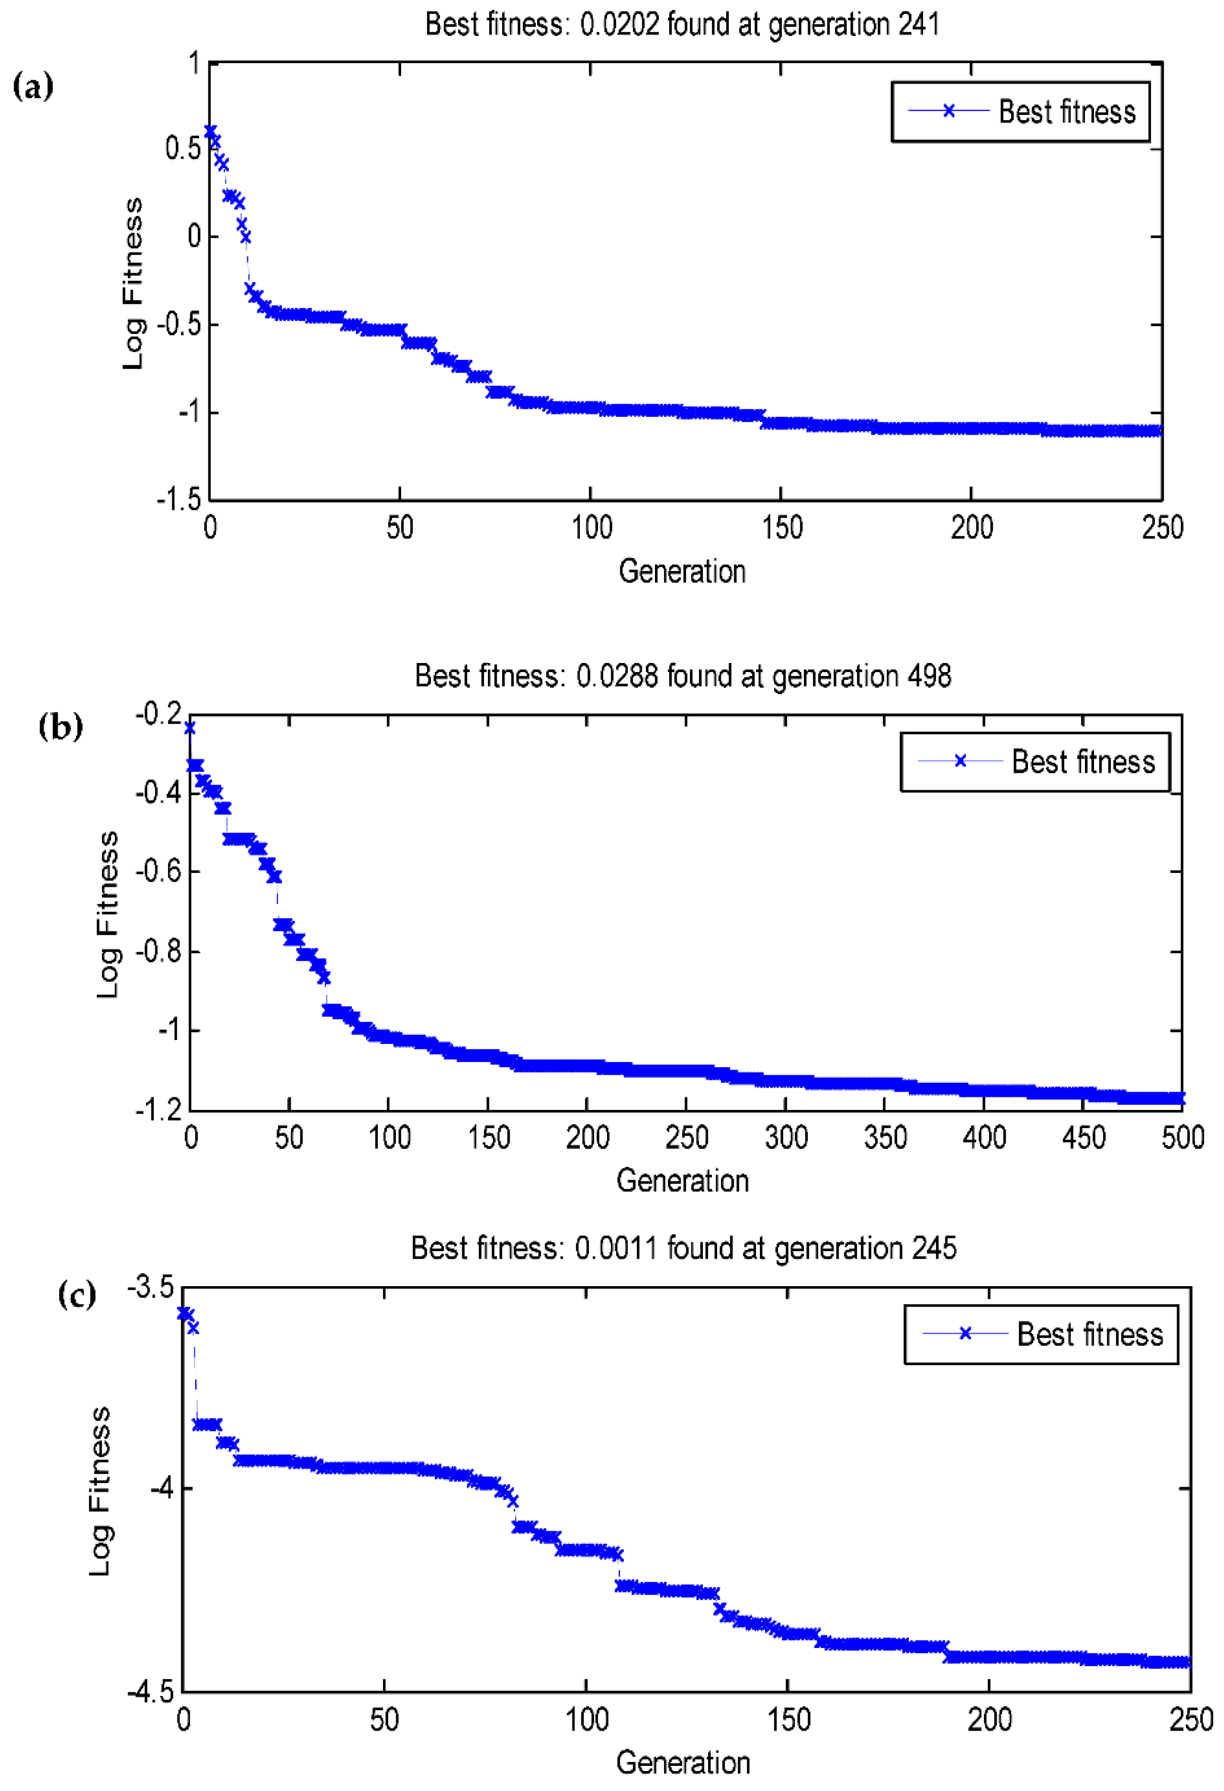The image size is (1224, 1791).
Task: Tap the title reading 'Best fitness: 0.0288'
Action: (x=682, y=676)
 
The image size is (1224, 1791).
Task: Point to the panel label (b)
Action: (x=60, y=726)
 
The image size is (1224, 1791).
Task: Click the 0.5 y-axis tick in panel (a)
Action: (x=183, y=148)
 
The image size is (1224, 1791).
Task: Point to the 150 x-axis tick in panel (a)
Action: (x=782, y=528)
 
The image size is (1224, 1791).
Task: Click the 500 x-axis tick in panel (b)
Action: (x=1182, y=1137)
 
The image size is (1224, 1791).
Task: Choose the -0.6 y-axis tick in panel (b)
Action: (x=158, y=871)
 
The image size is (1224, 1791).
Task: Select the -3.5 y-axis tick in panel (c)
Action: (x=151, y=1287)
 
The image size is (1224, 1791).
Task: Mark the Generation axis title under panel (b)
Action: (x=682, y=1181)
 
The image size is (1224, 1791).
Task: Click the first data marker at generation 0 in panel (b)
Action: (x=189, y=728)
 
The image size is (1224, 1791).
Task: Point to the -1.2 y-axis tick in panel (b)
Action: (x=158, y=1110)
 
